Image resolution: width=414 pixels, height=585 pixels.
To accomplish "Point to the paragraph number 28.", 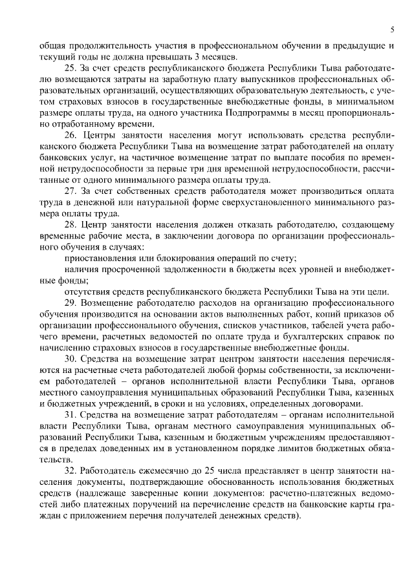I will point(70,224).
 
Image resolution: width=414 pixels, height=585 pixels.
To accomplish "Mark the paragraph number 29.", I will point(70,303).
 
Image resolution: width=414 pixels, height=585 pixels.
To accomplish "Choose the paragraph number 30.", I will point(70,358).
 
